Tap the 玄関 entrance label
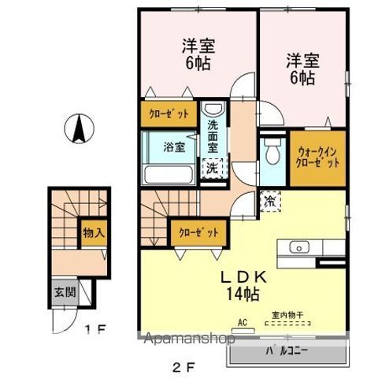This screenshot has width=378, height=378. (64, 291)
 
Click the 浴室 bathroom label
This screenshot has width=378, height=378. (174, 146)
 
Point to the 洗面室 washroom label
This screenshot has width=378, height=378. (213, 136)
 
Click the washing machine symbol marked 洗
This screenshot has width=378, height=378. (213, 167)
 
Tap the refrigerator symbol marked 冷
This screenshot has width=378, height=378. (270, 202)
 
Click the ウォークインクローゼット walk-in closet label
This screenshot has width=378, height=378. (317, 157)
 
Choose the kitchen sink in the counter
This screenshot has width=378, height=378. (300, 247)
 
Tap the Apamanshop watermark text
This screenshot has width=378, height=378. (189, 340)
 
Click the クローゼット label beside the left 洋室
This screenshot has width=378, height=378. (169, 113)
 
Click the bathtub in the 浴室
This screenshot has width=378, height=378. (168, 172)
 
